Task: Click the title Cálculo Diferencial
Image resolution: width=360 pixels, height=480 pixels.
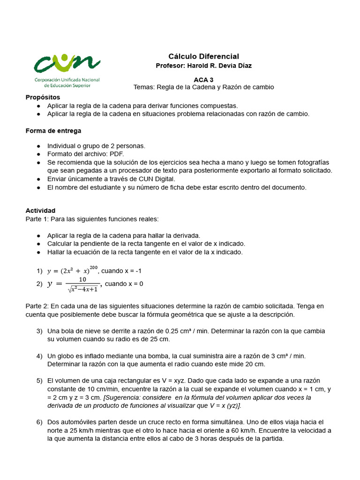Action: pyautogui.click(x=203, y=56)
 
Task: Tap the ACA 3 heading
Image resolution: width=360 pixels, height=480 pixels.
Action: pyautogui.click(x=203, y=80)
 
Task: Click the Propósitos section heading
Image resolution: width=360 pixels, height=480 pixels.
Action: pyautogui.click(x=43, y=97)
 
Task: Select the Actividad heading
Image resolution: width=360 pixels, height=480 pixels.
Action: pyautogui.click(x=40, y=210)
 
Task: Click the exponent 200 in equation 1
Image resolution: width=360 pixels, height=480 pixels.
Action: pyautogui.click(x=93, y=268)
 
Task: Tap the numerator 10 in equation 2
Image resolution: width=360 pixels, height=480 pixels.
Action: pyautogui.click(x=82, y=279)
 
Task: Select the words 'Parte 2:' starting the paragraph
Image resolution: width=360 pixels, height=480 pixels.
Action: pyautogui.click(x=37, y=306)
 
